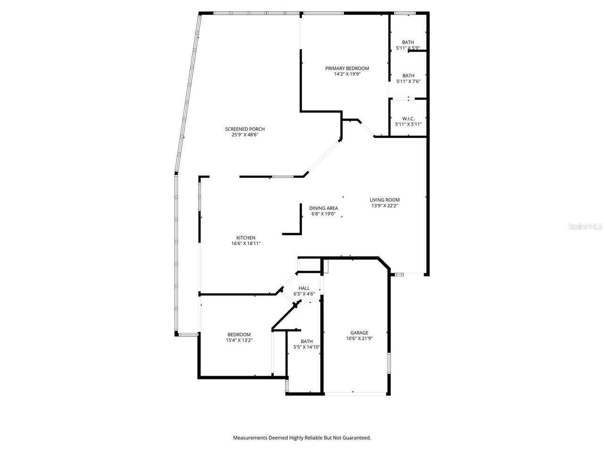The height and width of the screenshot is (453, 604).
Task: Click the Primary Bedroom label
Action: (347, 68)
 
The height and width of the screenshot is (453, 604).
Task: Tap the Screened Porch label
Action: (244, 129)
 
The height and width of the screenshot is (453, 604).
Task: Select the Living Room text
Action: (385, 200)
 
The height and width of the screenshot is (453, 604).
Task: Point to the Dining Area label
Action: (323, 208)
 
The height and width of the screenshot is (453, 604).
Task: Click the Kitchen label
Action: (246, 238)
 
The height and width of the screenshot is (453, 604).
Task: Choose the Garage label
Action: (359, 333)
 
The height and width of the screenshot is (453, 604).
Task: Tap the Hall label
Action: (304, 288)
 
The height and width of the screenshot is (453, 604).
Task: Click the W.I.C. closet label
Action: (408, 118)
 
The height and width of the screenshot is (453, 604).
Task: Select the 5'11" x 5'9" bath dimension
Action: (408, 48)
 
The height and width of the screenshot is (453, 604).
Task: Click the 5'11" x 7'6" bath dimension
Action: (408, 81)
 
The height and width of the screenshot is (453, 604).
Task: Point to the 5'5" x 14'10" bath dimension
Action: (307, 347)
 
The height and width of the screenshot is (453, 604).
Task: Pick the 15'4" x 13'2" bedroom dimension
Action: (239, 340)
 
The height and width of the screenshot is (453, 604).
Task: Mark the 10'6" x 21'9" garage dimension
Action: (359, 338)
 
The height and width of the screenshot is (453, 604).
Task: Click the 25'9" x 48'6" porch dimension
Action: (244, 134)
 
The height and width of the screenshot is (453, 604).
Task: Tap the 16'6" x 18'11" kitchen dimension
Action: (246, 243)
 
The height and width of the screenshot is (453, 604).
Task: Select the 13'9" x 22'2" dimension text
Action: (385, 205)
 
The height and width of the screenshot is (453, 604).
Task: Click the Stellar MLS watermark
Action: (585, 227)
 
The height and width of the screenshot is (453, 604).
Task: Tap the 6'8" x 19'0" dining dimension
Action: (323, 214)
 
